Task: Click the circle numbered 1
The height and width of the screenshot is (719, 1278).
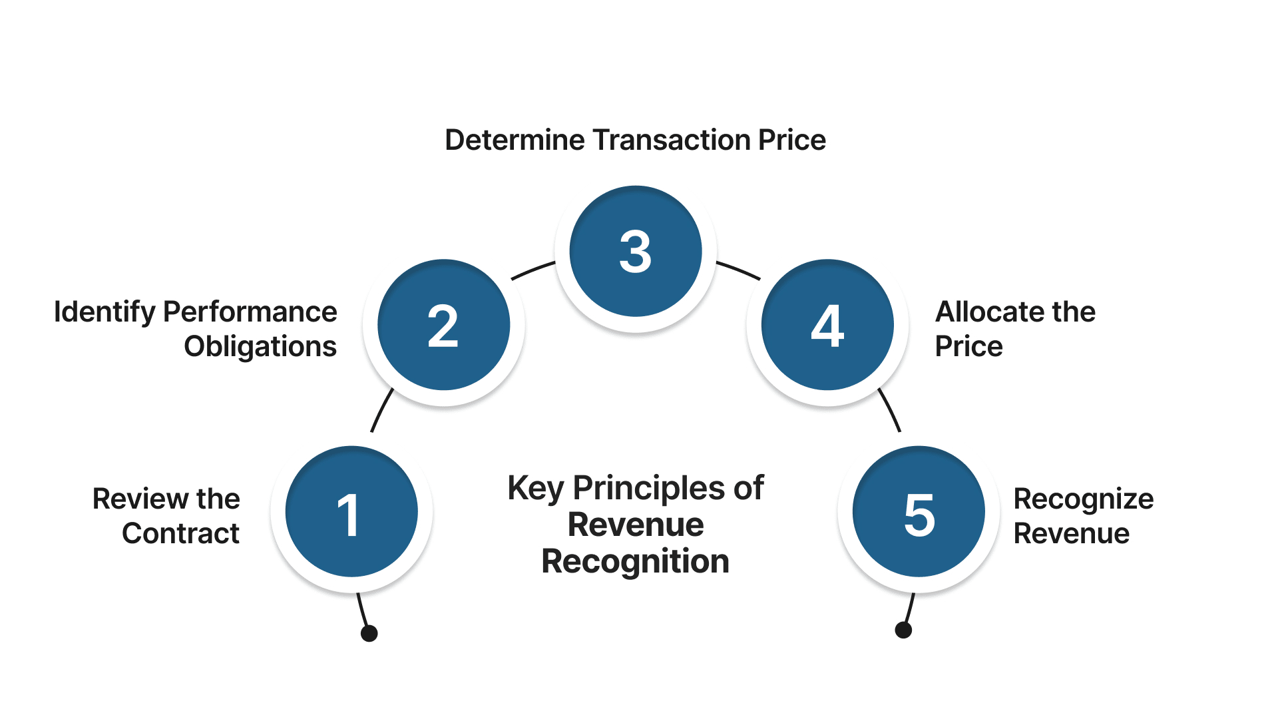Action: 351,511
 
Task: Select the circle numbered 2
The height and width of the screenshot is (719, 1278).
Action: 443,325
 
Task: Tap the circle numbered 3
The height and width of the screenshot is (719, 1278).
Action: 636,251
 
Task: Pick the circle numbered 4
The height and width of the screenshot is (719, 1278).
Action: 827,325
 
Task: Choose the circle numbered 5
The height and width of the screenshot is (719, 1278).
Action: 919,511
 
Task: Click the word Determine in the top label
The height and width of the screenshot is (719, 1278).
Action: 515,140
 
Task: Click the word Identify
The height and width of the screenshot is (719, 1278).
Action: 104,312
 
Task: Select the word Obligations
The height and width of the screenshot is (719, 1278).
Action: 260,347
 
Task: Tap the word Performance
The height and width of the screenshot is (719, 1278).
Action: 250,312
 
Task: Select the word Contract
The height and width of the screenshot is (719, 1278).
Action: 180,534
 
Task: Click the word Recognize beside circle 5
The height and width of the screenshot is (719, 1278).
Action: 1083,499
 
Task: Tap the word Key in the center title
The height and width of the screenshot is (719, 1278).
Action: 536,489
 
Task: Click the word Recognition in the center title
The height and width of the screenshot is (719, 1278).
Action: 635,562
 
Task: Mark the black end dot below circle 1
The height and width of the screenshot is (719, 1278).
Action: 369,633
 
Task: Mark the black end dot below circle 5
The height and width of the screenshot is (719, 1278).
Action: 903,630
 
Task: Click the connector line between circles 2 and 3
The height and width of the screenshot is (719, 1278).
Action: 532,270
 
